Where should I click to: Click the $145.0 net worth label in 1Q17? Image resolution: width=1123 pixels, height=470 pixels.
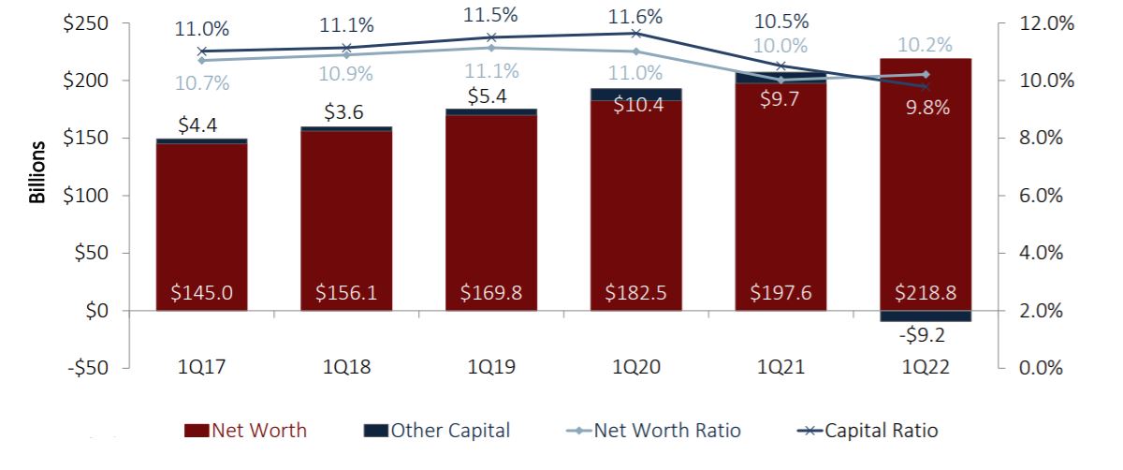tap(201, 293)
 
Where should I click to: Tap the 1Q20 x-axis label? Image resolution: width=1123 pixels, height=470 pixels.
tap(635, 368)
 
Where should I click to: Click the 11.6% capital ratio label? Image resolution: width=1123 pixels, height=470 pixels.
tap(635, 16)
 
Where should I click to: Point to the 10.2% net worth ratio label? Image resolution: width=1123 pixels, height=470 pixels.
tap(925, 45)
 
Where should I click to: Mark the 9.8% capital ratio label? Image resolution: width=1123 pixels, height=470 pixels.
tap(925, 108)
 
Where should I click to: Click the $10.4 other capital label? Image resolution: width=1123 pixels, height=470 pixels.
tap(635, 105)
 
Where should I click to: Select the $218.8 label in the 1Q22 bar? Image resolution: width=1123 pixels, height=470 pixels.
tap(925, 293)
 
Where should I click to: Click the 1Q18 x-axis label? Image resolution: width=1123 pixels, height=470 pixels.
tap(345, 368)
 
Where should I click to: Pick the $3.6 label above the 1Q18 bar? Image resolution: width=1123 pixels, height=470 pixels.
tap(345, 113)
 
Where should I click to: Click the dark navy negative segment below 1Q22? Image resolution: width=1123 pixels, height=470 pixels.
tap(925, 316)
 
